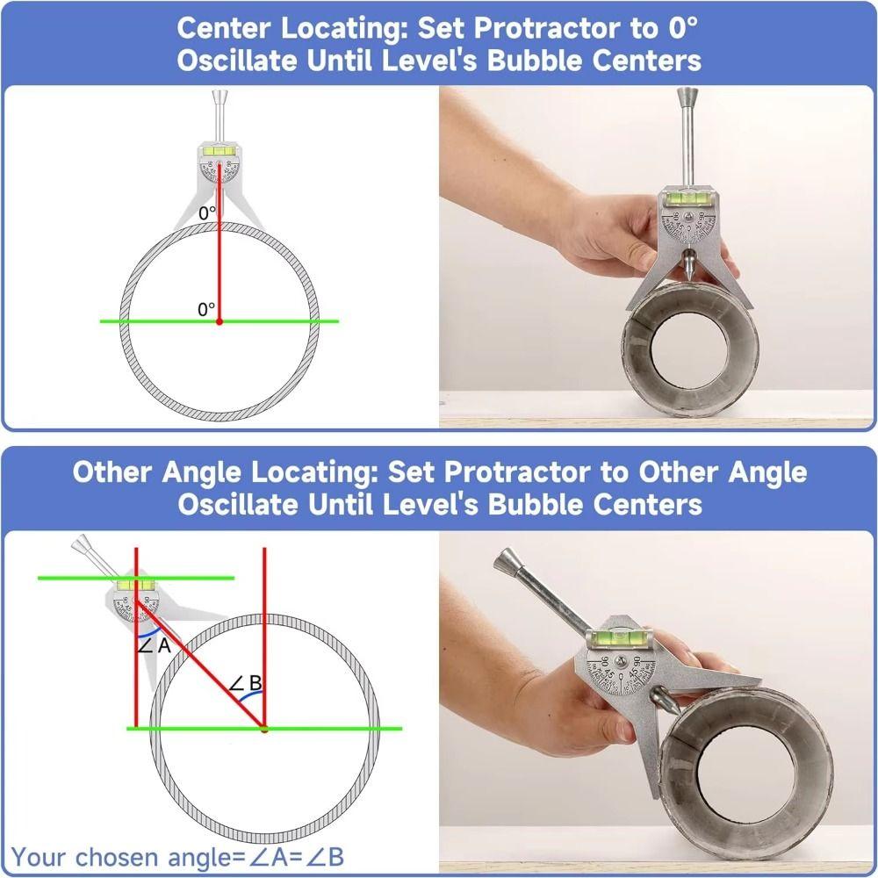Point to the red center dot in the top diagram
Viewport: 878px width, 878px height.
click(x=219, y=321)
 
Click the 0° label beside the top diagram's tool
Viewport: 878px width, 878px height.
click(x=206, y=212)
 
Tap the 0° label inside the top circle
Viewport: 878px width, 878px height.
click(x=206, y=309)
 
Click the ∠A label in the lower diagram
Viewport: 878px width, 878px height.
click(x=154, y=646)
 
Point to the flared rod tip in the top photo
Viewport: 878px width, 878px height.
click(x=686, y=95)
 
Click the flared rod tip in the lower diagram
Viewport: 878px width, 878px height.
click(x=82, y=545)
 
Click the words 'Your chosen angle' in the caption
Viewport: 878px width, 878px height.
click(x=110, y=857)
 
